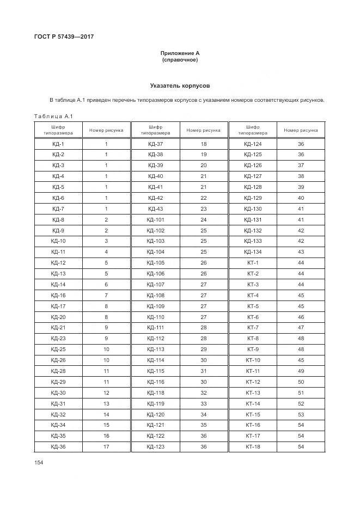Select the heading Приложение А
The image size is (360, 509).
[180, 53]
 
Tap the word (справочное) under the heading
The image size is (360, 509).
[180, 60]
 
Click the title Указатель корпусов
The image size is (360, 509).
[180, 86]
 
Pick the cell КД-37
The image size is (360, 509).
[155, 144]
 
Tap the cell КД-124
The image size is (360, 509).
[253, 144]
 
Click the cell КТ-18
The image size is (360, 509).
[253, 446]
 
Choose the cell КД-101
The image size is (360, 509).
[155, 219]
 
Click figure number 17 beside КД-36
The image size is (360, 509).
[106, 446]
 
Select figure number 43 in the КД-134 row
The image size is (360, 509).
[301, 252]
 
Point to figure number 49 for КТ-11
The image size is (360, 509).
[301, 371]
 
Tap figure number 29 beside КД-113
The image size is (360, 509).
[203, 349]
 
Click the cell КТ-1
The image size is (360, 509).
[253, 262]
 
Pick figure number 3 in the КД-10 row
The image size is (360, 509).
[106, 241]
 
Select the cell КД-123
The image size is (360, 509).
[155, 446]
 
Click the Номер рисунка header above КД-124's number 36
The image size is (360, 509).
[301, 130]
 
